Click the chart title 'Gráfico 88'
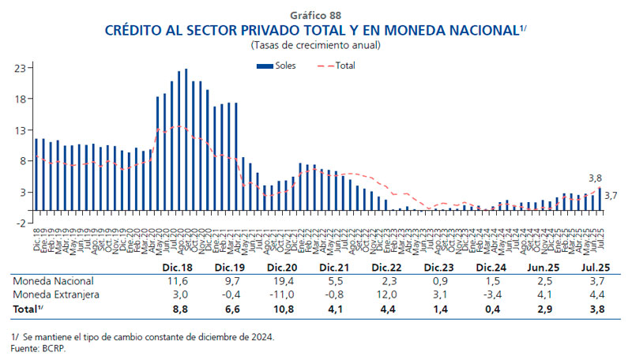[x=315, y=15]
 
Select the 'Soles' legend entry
[x=285, y=66]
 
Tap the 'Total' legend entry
[x=345, y=66]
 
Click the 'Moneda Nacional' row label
[x=53, y=281]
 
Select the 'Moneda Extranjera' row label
[x=56, y=294]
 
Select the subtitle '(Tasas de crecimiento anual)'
[x=315, y=45]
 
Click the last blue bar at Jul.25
[x=600, y=199]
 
